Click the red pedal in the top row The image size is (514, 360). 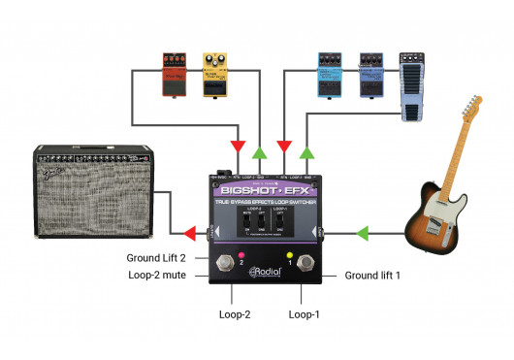(176, 75)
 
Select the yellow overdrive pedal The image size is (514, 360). (214, 74)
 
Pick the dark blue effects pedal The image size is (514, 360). (372, 74)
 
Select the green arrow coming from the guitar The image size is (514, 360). (360, 233)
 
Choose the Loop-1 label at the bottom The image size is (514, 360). (305, 315)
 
